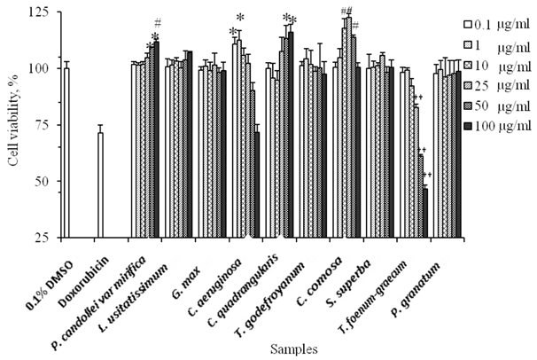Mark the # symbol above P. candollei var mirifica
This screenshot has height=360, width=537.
pos(157,23)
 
